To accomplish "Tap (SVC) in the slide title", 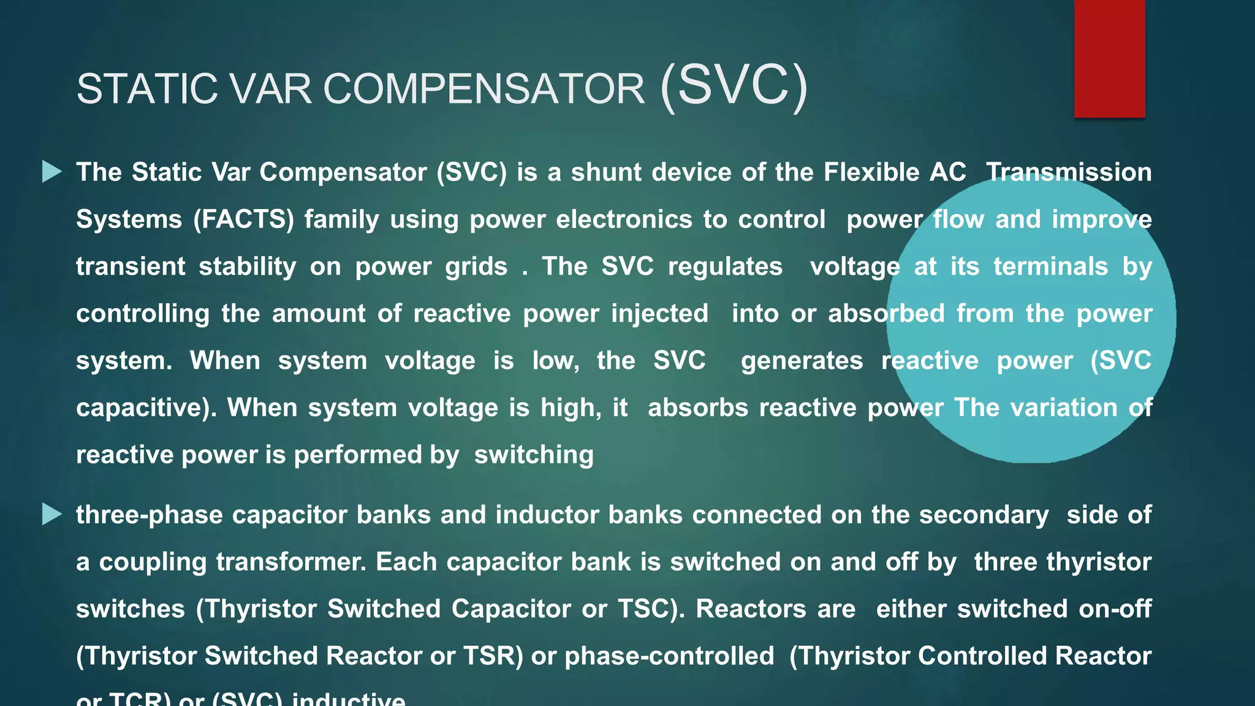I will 734,87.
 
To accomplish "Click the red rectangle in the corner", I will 1109,59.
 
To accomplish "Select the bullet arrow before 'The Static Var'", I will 52,172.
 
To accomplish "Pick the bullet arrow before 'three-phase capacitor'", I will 52,515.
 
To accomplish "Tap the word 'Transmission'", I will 1069,172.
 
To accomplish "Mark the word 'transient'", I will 131,267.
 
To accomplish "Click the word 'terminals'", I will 1050,267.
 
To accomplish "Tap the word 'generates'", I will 802,361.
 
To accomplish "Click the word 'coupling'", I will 153,562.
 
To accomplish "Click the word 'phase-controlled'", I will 669,656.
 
